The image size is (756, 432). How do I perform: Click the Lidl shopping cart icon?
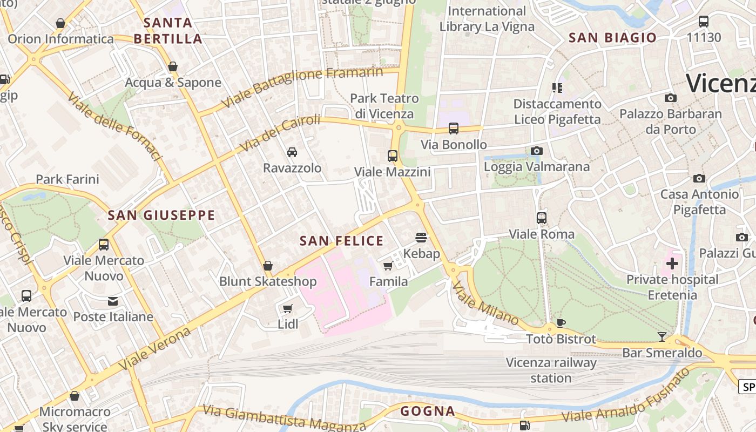tap(288, 308)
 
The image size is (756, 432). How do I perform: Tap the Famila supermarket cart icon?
tap(388, 266)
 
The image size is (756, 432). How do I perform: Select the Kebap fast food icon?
tap(421, 238)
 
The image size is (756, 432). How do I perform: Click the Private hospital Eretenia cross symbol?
tap(672, 264)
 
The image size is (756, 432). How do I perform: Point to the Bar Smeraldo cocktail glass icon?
tap(662, 337)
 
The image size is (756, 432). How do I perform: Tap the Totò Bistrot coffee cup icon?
tap(561, 323)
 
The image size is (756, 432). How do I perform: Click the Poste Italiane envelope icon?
tap(113, 301)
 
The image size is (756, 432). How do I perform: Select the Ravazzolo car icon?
tap(292, 152)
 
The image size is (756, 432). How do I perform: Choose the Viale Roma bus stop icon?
tap(542, 218)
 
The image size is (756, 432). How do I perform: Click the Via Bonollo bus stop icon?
tap(454, 129)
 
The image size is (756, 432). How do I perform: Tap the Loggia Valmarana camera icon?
tap(536, 151)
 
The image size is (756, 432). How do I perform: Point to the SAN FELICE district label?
tap(341, 241)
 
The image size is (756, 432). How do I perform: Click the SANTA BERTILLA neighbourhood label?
tap(168, 31)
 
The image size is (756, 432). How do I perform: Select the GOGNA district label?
tap(428, 411)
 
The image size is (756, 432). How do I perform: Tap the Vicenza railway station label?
tap(551, 370)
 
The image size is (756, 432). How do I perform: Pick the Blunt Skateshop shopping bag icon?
tap(267, 266)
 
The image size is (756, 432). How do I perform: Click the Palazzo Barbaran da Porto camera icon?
tap(670, 98)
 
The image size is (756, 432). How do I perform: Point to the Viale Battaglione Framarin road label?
tap(302, 86)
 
